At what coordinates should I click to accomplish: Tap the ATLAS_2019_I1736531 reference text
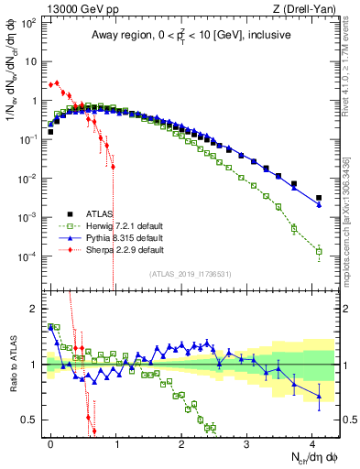pos(189,274)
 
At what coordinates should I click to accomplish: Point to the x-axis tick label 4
pos(311,442)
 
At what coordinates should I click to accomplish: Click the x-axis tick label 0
pos(50,442)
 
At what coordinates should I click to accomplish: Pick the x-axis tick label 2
pos(181,442)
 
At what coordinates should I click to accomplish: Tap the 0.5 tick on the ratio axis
pos(32,420)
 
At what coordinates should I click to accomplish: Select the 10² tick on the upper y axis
pos(29,22)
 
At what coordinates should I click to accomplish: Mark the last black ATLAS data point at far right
pos(319,197)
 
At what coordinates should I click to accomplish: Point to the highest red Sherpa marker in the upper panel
pos(57,82)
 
